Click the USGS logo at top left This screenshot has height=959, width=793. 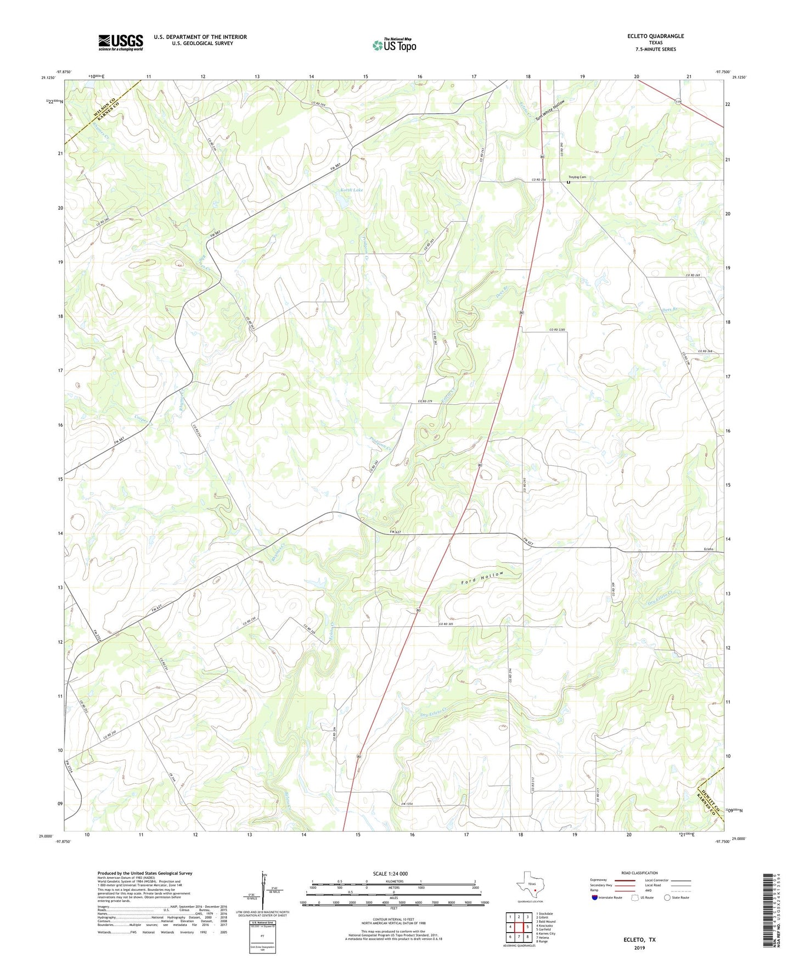[x=121, y=42]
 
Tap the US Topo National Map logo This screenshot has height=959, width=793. [x=394, y=45]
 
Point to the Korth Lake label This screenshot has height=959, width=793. [x=351, y=190]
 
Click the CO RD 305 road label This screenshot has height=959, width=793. [x=446, y=624]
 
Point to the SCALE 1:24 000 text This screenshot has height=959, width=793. [x=390, y=873]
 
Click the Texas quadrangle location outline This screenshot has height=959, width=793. [x=530, y=884]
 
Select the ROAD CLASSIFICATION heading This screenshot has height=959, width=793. [x=639, y=873]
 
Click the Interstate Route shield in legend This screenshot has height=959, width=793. [x=595, y=897]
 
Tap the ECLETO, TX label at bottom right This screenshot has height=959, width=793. [x=639, y=940]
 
